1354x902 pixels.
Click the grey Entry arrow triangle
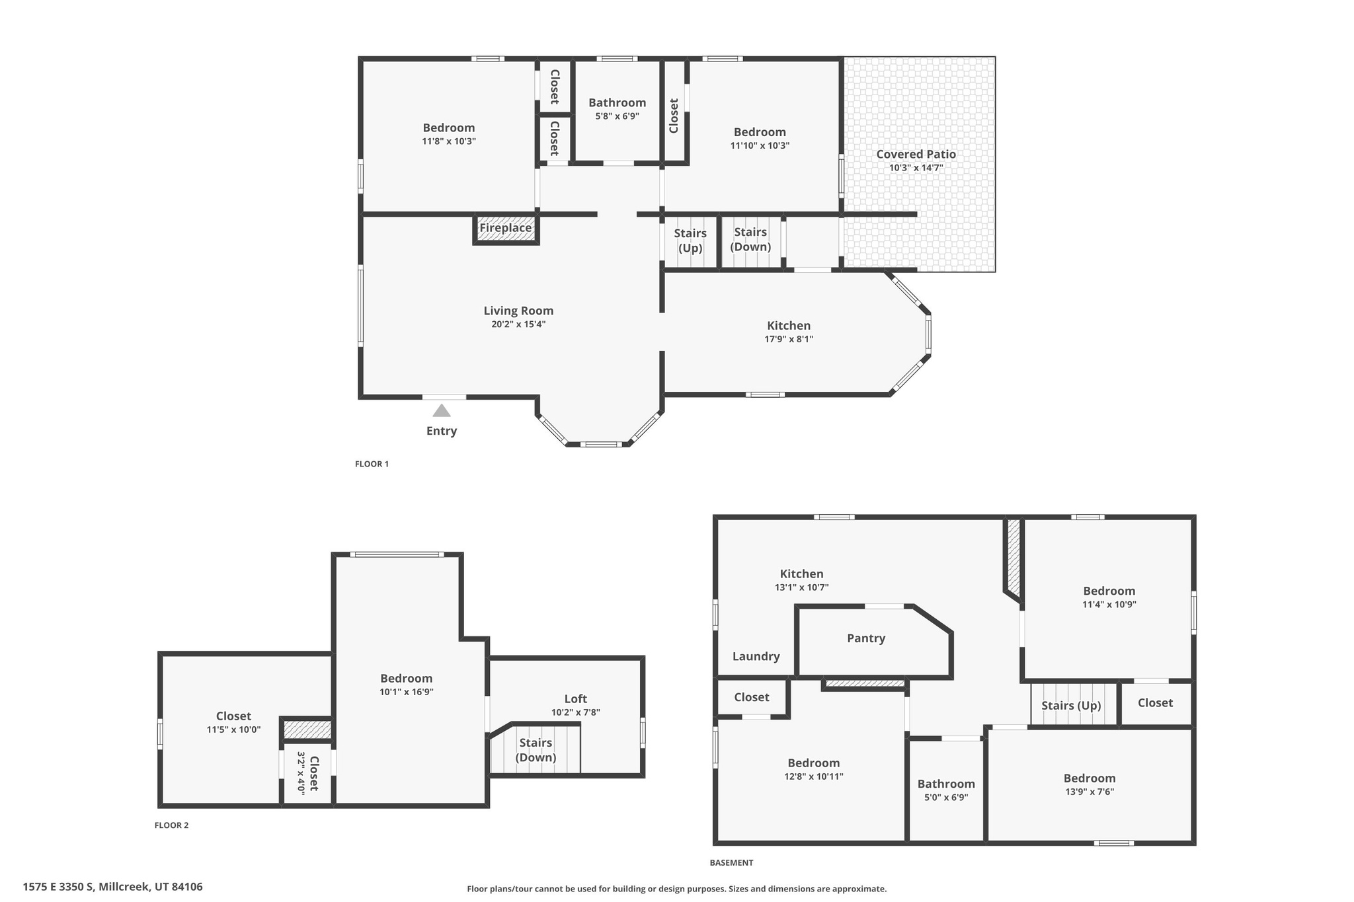(x=442, y=411)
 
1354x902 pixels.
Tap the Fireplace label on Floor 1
(x=506, y=228)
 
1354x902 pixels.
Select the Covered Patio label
(x=916, y=154)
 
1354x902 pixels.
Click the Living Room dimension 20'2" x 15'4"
(x=518, y=324)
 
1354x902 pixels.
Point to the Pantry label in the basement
(x=866, y=638)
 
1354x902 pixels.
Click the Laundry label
(x=756, y=656)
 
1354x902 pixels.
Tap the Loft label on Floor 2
(x=576, y=698)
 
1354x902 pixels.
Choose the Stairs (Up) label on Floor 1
(x=690, y=241)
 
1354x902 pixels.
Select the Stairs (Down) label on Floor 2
(x=536, y=750)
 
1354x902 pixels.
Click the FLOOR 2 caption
(x=172, y=825)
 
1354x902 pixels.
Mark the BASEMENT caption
(x=731, y=862)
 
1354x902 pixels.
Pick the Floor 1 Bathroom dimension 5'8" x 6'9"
(x=617, y=116)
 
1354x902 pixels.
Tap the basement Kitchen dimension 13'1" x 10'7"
(x=802, y=587)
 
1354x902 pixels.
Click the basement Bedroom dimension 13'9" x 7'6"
(x=1090, y=792)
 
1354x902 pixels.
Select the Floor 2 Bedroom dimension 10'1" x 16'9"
(x=407, y=692)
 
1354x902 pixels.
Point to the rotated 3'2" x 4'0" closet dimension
(x=301, y=773)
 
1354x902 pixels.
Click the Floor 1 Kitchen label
(x=789, y=326)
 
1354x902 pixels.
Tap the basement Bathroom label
(x=946, y=784)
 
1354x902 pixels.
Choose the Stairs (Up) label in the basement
(x=1072, y=706)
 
